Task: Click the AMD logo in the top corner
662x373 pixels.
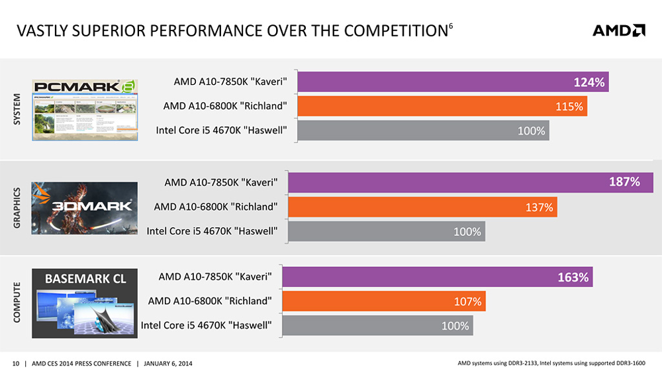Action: coord(618,30)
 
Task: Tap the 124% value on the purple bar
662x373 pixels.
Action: coord(589,83)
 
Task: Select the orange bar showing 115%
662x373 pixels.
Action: coord(442,107)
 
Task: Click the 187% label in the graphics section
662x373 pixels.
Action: coord(624,182)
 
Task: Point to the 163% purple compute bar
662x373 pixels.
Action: coord(444,277)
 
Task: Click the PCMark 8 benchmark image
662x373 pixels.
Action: coord(85,110)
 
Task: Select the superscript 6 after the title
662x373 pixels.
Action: coord(451,26)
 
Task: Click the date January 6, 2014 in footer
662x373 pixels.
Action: coord(167,363)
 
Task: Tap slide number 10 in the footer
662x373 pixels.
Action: coord(17,363)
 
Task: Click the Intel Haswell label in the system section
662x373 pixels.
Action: coord(221,131)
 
